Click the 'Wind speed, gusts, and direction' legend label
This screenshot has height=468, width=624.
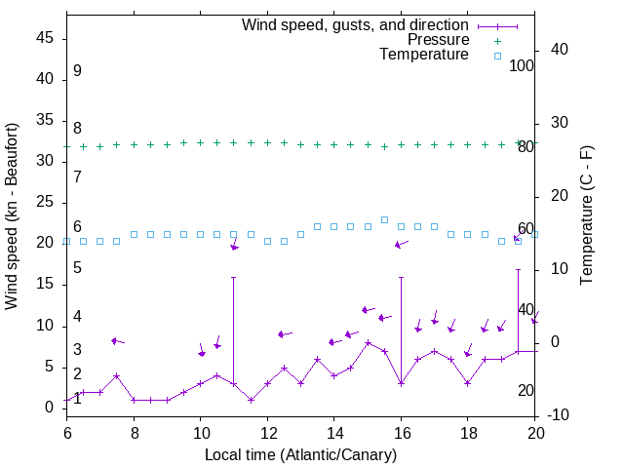[355, 24]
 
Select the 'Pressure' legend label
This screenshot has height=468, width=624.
[438, 40]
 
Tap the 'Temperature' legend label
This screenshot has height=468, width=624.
[424, 55]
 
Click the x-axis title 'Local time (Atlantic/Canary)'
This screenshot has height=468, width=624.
[300, 454]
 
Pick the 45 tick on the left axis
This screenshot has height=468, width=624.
[45, 38]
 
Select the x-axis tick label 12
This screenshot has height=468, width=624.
[267, 432]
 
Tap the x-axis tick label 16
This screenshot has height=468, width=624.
[401, 432]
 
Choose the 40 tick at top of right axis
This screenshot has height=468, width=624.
[559, 50]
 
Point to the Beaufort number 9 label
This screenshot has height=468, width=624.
[77, 71]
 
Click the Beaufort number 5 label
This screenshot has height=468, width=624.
[77, 267]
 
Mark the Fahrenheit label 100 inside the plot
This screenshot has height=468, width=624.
[522, 65]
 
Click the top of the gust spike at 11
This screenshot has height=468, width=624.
[234, 277]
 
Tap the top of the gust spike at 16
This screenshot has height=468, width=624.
[401, 277]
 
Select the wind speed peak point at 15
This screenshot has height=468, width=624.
[368, 342]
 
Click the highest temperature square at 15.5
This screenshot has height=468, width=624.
[384, 219]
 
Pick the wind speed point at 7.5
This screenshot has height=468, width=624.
[117, 375]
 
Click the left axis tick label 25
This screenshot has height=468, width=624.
[45, 202]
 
